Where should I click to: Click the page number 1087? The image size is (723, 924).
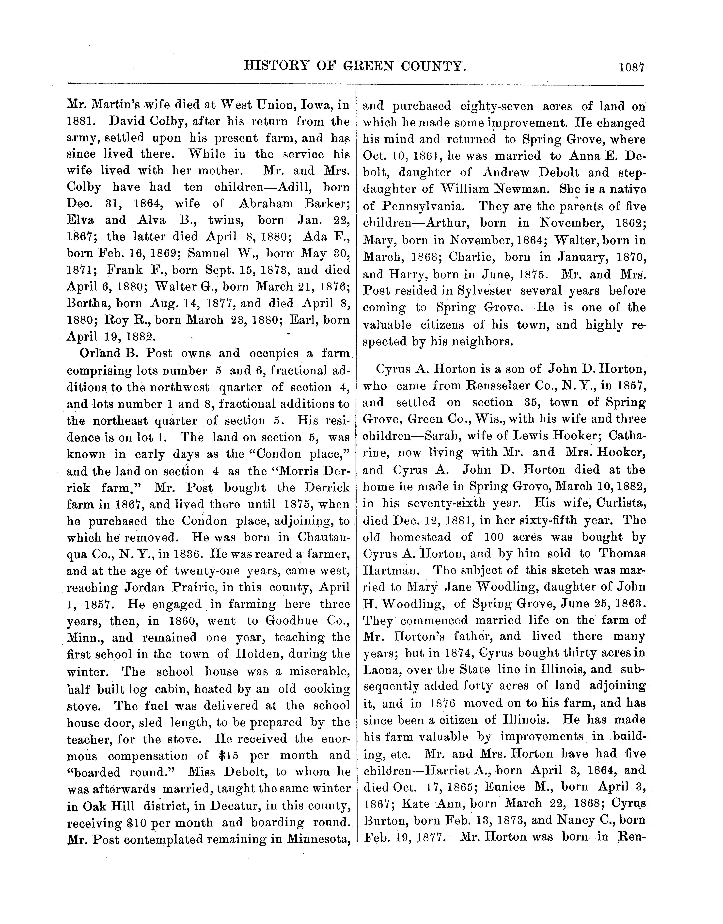[x=631, y=67]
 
